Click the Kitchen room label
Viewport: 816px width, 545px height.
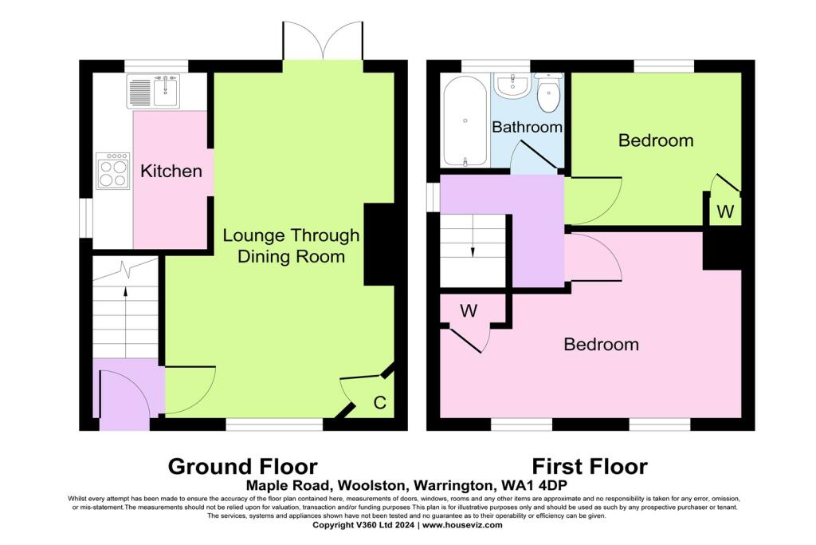tap(171, 171)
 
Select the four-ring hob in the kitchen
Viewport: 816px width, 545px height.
tap(113, 171)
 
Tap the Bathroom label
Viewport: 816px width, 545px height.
tap(527, 127)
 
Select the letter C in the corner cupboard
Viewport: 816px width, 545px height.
tap(380, 403)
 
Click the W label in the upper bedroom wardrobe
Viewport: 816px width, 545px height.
tap(725, 211)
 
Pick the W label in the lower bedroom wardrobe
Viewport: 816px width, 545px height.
tap(469, 310)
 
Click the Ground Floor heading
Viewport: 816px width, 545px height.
tap(242, 466)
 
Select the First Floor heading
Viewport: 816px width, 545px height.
tap(590, 466)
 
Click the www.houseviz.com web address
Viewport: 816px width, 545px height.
tap(462, 525)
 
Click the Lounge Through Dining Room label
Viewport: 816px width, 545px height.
tap(291, 246)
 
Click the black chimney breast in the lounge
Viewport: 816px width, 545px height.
tap(379, 244)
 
